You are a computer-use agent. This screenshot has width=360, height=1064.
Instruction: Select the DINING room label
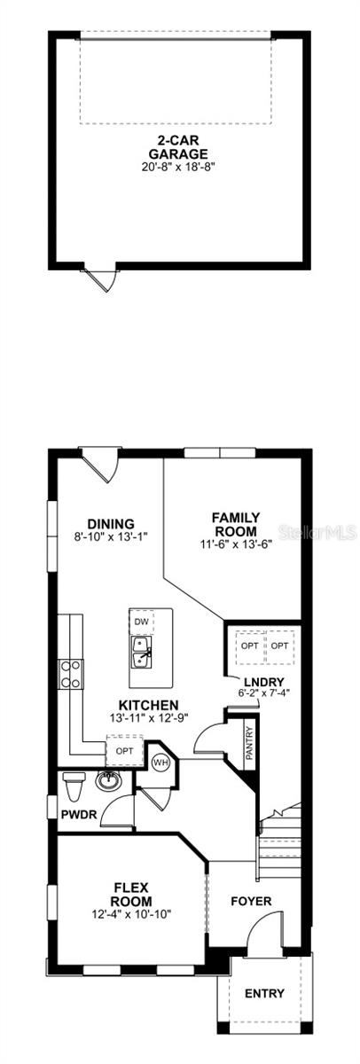pos(111,523)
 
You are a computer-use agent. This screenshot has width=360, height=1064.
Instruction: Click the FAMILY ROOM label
pos(235,524)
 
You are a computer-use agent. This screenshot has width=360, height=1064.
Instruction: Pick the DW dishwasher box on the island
pos(141,622)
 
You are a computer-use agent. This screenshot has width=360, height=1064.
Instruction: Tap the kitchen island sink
pos(142,657)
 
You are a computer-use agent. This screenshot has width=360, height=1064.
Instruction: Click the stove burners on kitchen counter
pos(71,674)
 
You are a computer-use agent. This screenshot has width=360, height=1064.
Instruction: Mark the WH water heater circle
pos(161,762)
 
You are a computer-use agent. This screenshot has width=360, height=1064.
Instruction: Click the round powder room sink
pos(109,780)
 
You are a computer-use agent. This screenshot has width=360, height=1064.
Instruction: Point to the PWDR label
pos(77,812)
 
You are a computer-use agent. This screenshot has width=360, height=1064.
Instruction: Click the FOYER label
pos(251,902)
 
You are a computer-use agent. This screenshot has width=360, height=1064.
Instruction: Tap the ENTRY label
pos(265,993)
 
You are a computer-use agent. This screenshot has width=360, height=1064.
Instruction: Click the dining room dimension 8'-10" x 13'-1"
pos(111,536)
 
